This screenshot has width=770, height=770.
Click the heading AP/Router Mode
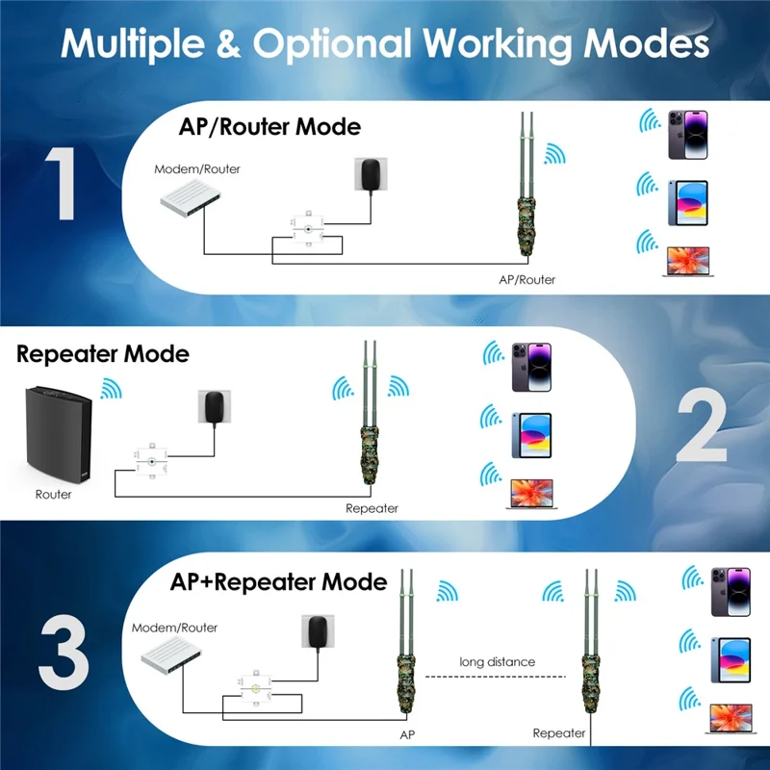(x=269, y=126)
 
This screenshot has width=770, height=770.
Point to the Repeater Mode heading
(x=103, y=354)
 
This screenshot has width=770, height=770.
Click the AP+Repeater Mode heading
(x=278, y=582)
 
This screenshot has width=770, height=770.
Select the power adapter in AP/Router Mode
(x=370, y=176)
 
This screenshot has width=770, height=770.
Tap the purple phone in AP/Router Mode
(x=687, y=134)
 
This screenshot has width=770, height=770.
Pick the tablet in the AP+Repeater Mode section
(x=731, y=659)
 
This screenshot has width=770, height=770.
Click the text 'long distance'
(x=497, y=662)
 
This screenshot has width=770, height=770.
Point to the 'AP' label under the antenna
(x=408, y=733)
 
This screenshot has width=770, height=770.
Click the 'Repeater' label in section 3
(x=559, y=733)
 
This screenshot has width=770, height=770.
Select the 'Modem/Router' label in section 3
(x=174, y=628)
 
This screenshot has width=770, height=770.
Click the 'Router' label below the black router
(x=53, y=495)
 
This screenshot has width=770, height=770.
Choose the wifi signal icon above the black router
(x=111, y=389)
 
